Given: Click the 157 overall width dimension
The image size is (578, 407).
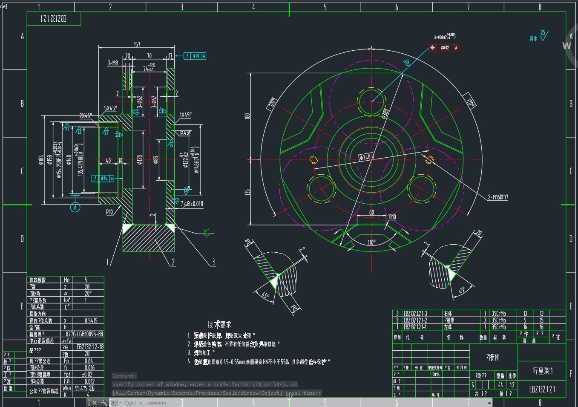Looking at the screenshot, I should coord(137,44).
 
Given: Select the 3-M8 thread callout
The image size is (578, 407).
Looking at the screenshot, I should coord(112,63).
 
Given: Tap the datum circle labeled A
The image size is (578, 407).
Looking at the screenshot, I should coord(75,207).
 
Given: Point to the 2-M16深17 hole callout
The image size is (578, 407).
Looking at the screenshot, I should coord(497,197).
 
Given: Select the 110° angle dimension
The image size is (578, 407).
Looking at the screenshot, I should coord(371,242).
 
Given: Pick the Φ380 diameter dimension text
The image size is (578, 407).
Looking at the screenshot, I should coord(385,113).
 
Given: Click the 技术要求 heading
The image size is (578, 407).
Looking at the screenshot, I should coord(219,325).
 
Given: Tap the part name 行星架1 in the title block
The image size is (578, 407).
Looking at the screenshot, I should coord(542,371).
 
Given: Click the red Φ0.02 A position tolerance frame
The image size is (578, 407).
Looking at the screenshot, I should coord(444,48).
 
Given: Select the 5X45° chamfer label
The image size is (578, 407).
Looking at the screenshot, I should coord(110,108).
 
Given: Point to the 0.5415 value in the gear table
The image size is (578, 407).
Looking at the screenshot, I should coord(91,320).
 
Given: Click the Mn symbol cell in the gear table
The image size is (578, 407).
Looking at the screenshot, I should coord(67,280).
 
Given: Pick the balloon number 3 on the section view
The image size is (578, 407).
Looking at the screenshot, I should coord(213,262).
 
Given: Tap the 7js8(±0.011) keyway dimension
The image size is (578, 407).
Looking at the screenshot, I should coord(192,204).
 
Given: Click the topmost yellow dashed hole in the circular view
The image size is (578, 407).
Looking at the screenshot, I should coord(371,101).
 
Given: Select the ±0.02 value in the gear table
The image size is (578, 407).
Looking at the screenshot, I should coord(87,374).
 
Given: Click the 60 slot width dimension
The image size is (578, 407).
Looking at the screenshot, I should coord(371,212).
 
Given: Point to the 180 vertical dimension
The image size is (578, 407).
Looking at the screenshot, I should coord(247,116).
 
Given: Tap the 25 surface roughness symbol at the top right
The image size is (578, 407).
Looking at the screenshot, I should coord(543,35).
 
